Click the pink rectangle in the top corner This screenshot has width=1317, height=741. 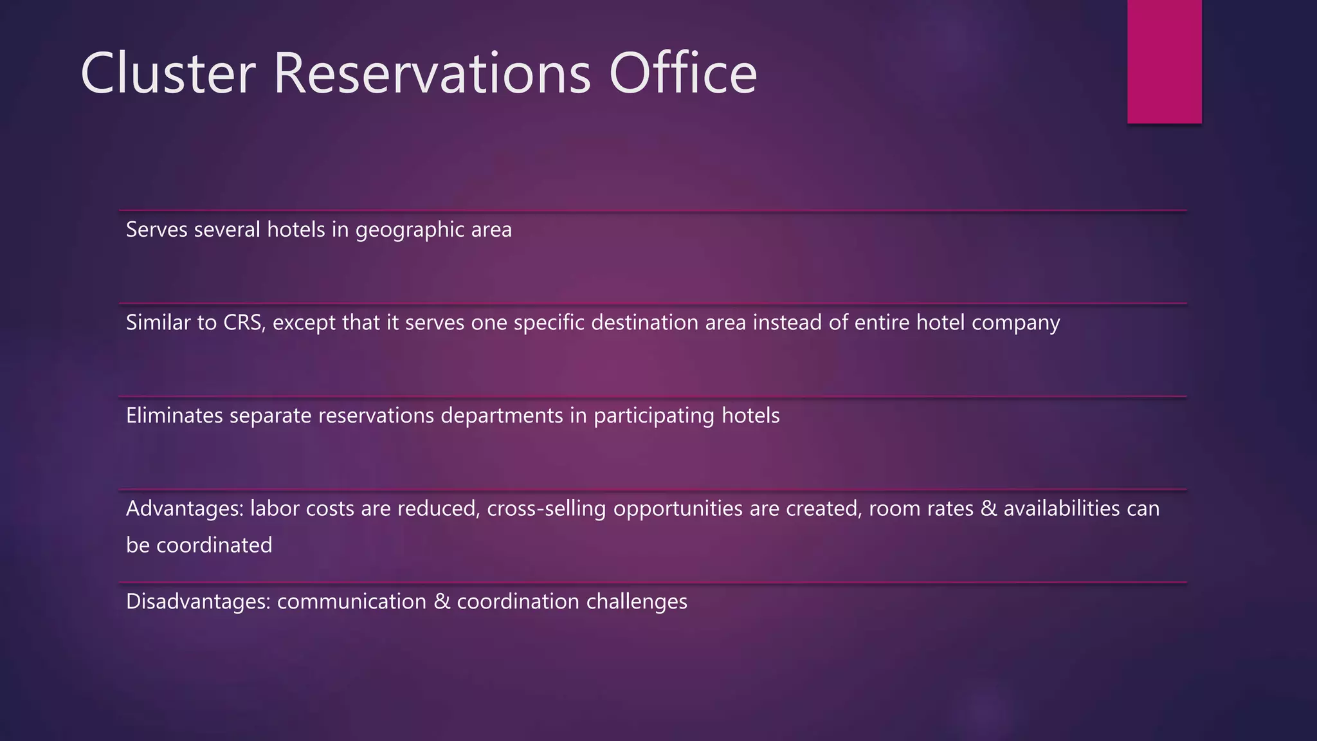(1164, 61)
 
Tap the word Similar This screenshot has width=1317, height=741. (161, 323)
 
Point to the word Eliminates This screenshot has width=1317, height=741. (174, 416)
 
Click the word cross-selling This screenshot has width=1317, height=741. (546, 509)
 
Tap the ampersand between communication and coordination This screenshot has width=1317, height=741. (441, 602)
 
